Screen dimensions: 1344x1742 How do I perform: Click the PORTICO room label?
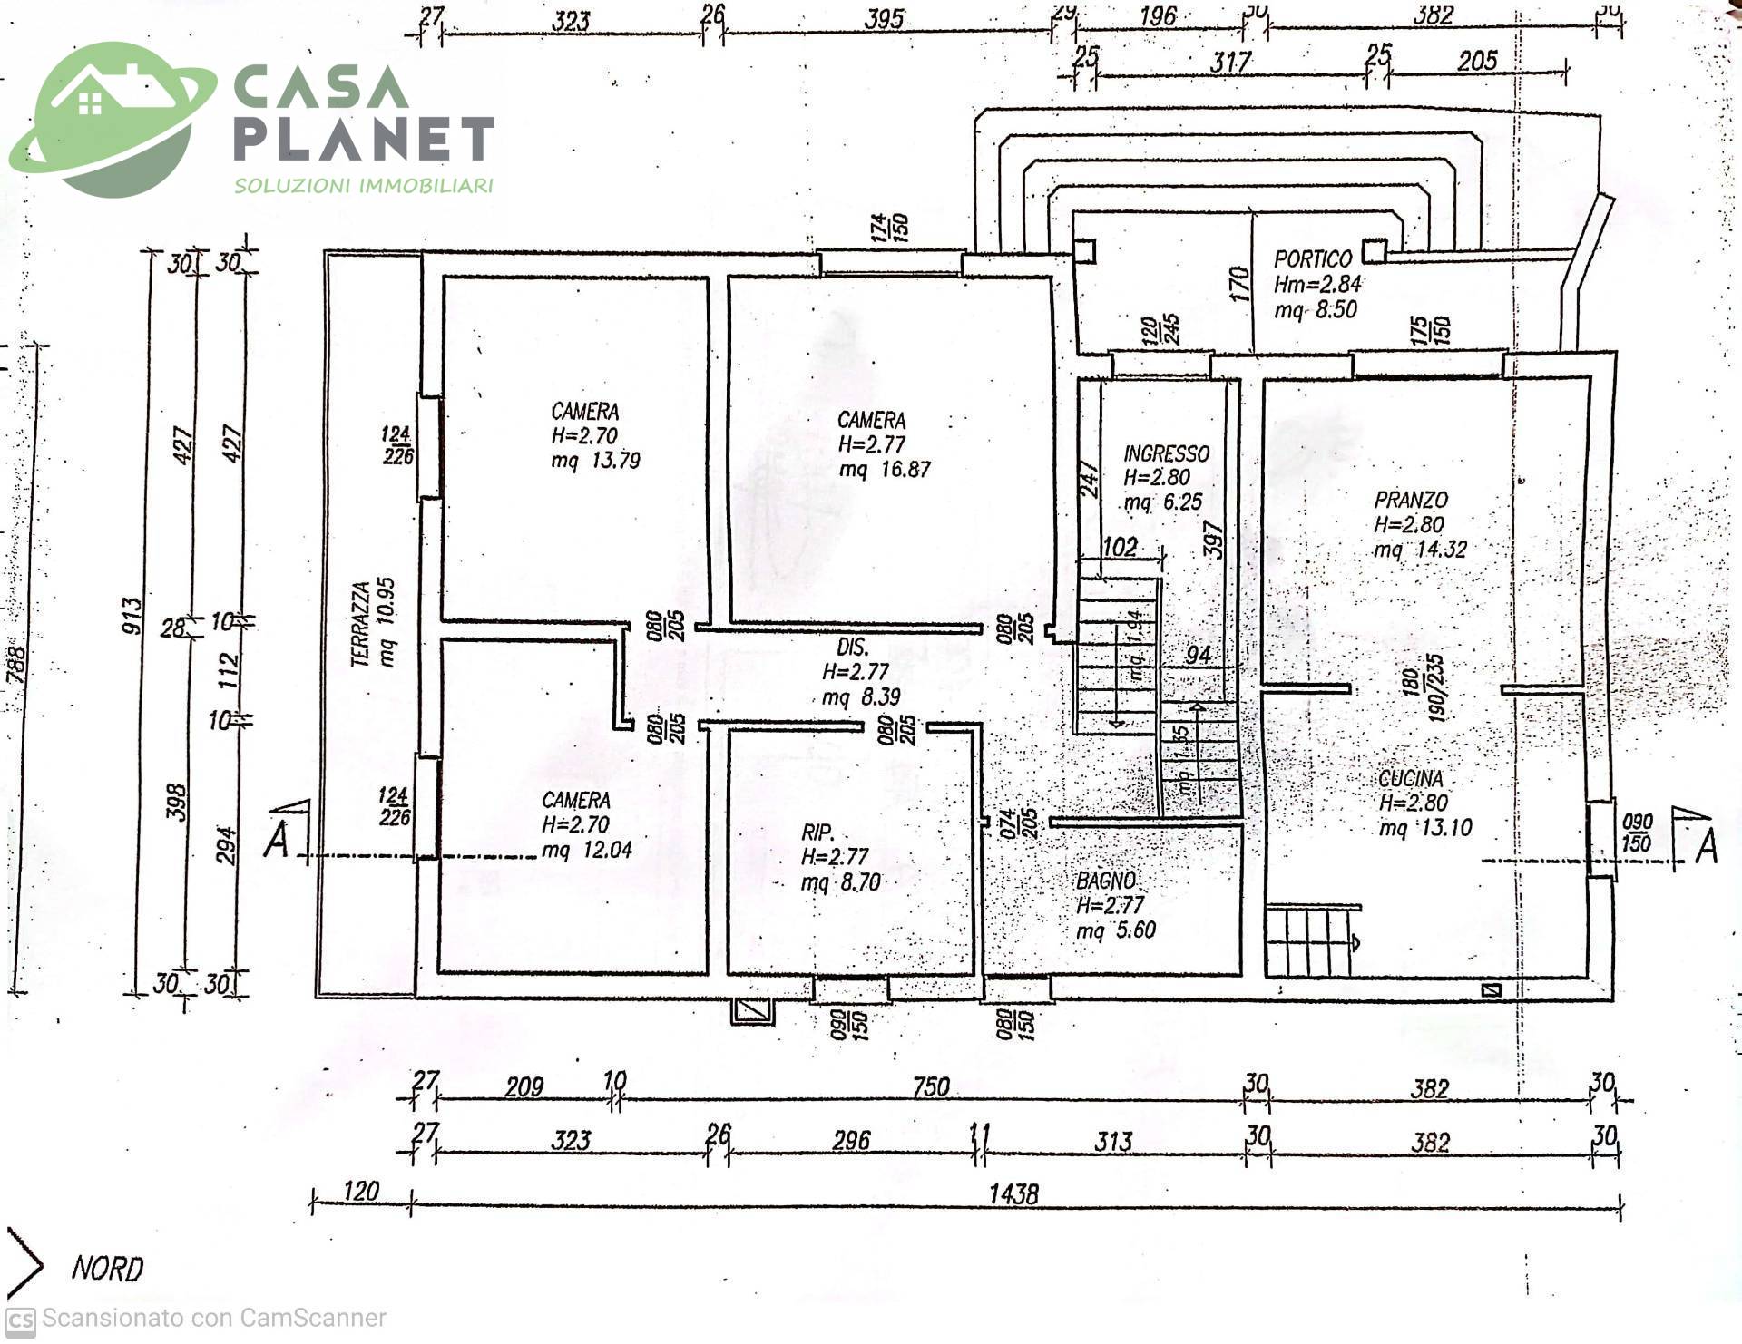click(x=1313, y=259)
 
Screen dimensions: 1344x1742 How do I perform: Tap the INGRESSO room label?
click(x=1166, y=453)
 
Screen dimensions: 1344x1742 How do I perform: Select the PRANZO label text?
click(x=1411, y=500)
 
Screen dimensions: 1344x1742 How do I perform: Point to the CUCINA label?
click(x=1410, y=778)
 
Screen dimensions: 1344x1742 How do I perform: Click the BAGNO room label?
click(x=1105, y=880)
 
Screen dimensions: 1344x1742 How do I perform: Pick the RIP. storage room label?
click(x=817, y=833)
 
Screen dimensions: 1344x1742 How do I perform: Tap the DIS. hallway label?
click(x=852, y=648)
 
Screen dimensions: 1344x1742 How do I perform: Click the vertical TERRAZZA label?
click(x=361, y=624)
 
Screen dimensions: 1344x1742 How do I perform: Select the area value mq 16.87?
click(x=885, y=470)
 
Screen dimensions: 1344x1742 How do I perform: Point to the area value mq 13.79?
click(x=596, y=461)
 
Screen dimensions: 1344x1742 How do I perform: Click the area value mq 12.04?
click(x=587, y=851)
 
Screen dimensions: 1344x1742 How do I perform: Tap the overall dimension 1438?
click(x=1013, y=1193)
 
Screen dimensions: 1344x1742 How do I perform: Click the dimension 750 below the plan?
click(x=931, y=1086)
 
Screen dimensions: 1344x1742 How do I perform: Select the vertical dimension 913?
click(x=132, y=616)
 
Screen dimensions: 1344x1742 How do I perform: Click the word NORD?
click(x=107, y=1269)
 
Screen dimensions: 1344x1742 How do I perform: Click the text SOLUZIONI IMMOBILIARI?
click(x=364, y=186)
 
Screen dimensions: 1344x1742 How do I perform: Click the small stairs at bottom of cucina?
click(x=1309, y=941)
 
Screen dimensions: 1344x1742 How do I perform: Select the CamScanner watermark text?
click(x=214, y=1318)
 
